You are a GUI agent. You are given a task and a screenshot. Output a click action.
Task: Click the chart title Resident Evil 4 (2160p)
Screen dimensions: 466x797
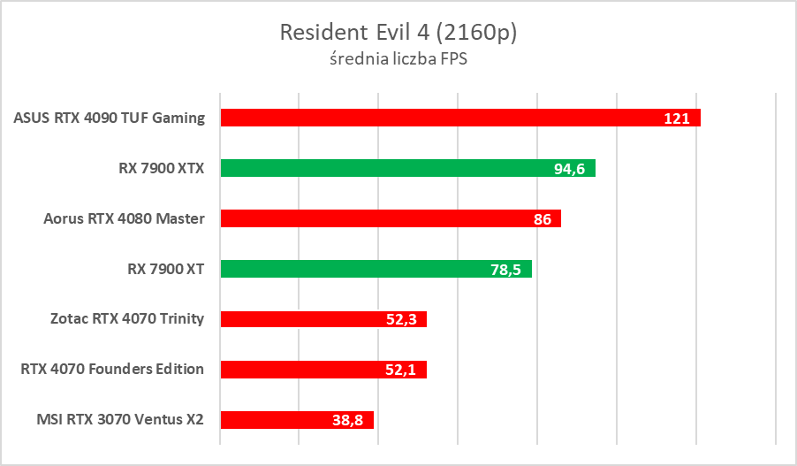tap(398, 33)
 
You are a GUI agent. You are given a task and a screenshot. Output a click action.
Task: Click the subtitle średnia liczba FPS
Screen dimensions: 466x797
tap(398, 60)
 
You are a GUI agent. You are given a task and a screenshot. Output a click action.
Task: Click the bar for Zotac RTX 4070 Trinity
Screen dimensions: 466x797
tap(300, 319)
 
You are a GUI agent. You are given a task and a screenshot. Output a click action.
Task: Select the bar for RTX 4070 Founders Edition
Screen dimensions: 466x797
tap(300, 370)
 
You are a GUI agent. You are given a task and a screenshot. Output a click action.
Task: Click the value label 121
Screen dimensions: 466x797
tap(677, 118)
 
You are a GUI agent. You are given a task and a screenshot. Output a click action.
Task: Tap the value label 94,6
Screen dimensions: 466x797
tap(570, 169)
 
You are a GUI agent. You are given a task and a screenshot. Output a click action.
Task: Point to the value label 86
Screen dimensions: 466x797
tap(543, 219)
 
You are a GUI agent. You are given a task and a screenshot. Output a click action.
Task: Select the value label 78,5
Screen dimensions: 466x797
tap(507, 270)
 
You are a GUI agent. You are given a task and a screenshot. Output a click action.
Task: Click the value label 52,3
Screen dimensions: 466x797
tap(402, 320)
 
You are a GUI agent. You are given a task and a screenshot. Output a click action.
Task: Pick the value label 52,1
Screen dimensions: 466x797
tap(402, 371)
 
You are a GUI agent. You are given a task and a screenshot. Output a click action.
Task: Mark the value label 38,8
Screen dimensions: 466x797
tap(350, 421)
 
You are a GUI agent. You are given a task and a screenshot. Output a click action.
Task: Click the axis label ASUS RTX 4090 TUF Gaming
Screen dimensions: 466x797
tap(110, 118)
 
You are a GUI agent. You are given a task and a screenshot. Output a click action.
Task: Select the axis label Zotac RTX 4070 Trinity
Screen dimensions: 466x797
tap(128, 319)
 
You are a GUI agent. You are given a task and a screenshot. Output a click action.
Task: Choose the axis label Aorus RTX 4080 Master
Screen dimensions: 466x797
tap(125, 218)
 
